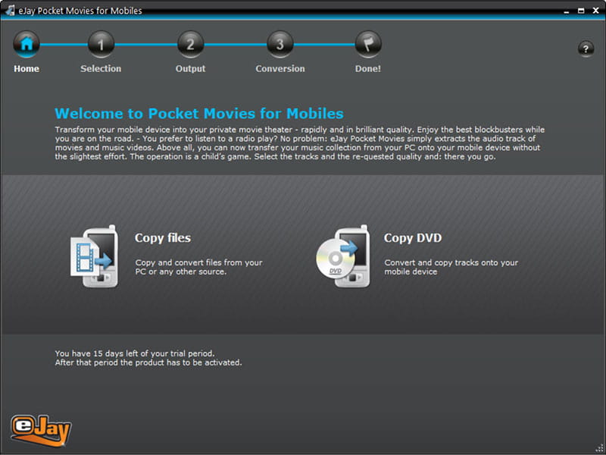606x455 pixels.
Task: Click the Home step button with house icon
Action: (27, 44)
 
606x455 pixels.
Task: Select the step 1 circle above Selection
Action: (101, 44)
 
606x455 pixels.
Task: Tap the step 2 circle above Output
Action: (190, 44)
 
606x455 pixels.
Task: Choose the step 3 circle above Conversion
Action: (280, 44)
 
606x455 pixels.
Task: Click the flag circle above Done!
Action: (368, 44)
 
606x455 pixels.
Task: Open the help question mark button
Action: (586, 49)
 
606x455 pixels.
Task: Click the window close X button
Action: (594, 11)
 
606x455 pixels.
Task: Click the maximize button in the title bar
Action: (580, 11)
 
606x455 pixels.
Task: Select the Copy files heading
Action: (162, 238)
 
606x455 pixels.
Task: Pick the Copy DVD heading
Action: (412, 238)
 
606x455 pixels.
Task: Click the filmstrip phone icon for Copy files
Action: (94, 256)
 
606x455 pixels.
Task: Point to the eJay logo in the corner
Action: (41, 429)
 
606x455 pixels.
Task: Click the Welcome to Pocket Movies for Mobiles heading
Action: (198, 114)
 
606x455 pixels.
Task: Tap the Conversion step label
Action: (280, 69)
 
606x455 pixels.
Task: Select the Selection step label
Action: (101, 69)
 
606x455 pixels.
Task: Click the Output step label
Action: (190, 69)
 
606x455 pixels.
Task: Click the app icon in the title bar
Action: (10, 11)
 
